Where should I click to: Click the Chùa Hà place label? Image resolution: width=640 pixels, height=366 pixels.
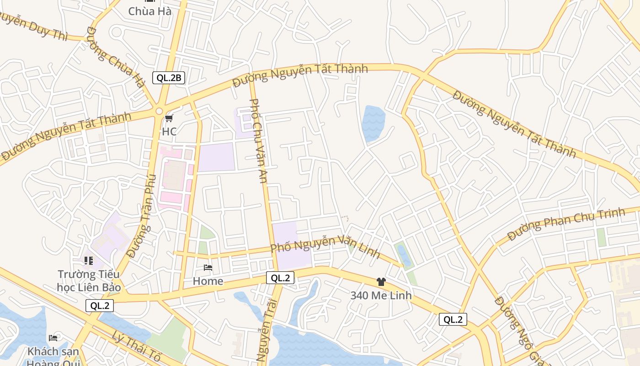(150, 11)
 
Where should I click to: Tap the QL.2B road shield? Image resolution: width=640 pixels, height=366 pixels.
(169, 77)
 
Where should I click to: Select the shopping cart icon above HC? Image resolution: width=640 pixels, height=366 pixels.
(169, 119)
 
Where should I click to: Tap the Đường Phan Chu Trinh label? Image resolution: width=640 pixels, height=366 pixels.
(566, 223)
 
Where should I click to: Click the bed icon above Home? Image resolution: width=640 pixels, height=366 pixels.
(208, 268)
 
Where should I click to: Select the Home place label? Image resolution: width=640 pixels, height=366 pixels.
(208, 281)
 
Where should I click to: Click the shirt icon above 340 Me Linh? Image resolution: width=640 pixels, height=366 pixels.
(381, 282)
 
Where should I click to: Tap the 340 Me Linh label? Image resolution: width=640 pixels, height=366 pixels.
(381, 296)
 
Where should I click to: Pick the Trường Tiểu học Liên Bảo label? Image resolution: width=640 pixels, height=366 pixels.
(89, 280)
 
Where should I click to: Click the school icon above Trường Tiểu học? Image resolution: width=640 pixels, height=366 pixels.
(89, 261)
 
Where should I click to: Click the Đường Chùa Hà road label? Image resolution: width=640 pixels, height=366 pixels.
(115, 57)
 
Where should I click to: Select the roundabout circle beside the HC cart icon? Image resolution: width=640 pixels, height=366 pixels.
(159, 111)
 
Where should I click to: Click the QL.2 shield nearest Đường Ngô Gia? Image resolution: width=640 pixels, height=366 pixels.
(453, 319)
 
